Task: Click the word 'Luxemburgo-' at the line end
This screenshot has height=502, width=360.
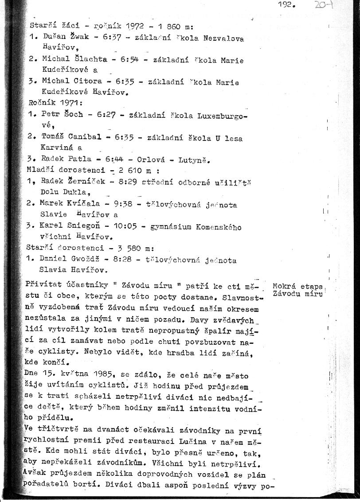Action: coord(221,114)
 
